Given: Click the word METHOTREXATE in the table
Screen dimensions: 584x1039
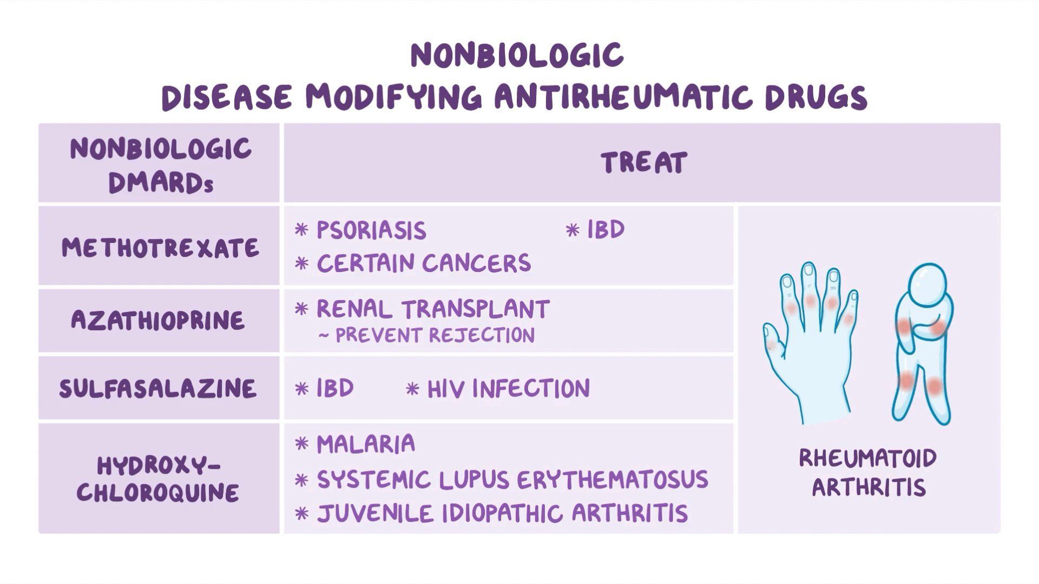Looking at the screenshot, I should [160, 248].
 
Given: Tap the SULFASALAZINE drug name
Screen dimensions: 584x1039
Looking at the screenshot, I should [157, 388].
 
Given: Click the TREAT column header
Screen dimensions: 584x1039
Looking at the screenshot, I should [643, 163].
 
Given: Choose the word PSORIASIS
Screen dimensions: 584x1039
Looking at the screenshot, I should [371, 231].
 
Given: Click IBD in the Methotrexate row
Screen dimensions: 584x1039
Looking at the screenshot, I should [606, 230].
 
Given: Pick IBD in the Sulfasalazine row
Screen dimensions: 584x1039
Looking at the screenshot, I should [335, 388].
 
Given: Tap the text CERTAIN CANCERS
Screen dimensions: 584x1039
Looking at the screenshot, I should [423, 263].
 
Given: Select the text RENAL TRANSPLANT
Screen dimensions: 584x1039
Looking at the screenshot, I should [433, 309].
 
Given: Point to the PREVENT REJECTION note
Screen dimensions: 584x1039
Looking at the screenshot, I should [435, 335].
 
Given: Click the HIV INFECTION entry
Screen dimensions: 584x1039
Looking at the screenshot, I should [508, 389].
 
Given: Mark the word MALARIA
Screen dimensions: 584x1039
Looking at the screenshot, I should [366, 444].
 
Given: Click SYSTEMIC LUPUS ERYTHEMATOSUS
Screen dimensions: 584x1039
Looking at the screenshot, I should [512, 480].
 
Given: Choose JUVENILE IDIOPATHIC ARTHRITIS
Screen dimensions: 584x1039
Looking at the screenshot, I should [502, 514].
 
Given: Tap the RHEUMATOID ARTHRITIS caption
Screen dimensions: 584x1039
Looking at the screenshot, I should [868, 473].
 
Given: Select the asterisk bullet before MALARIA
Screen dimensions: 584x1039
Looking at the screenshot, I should [301, 444].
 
